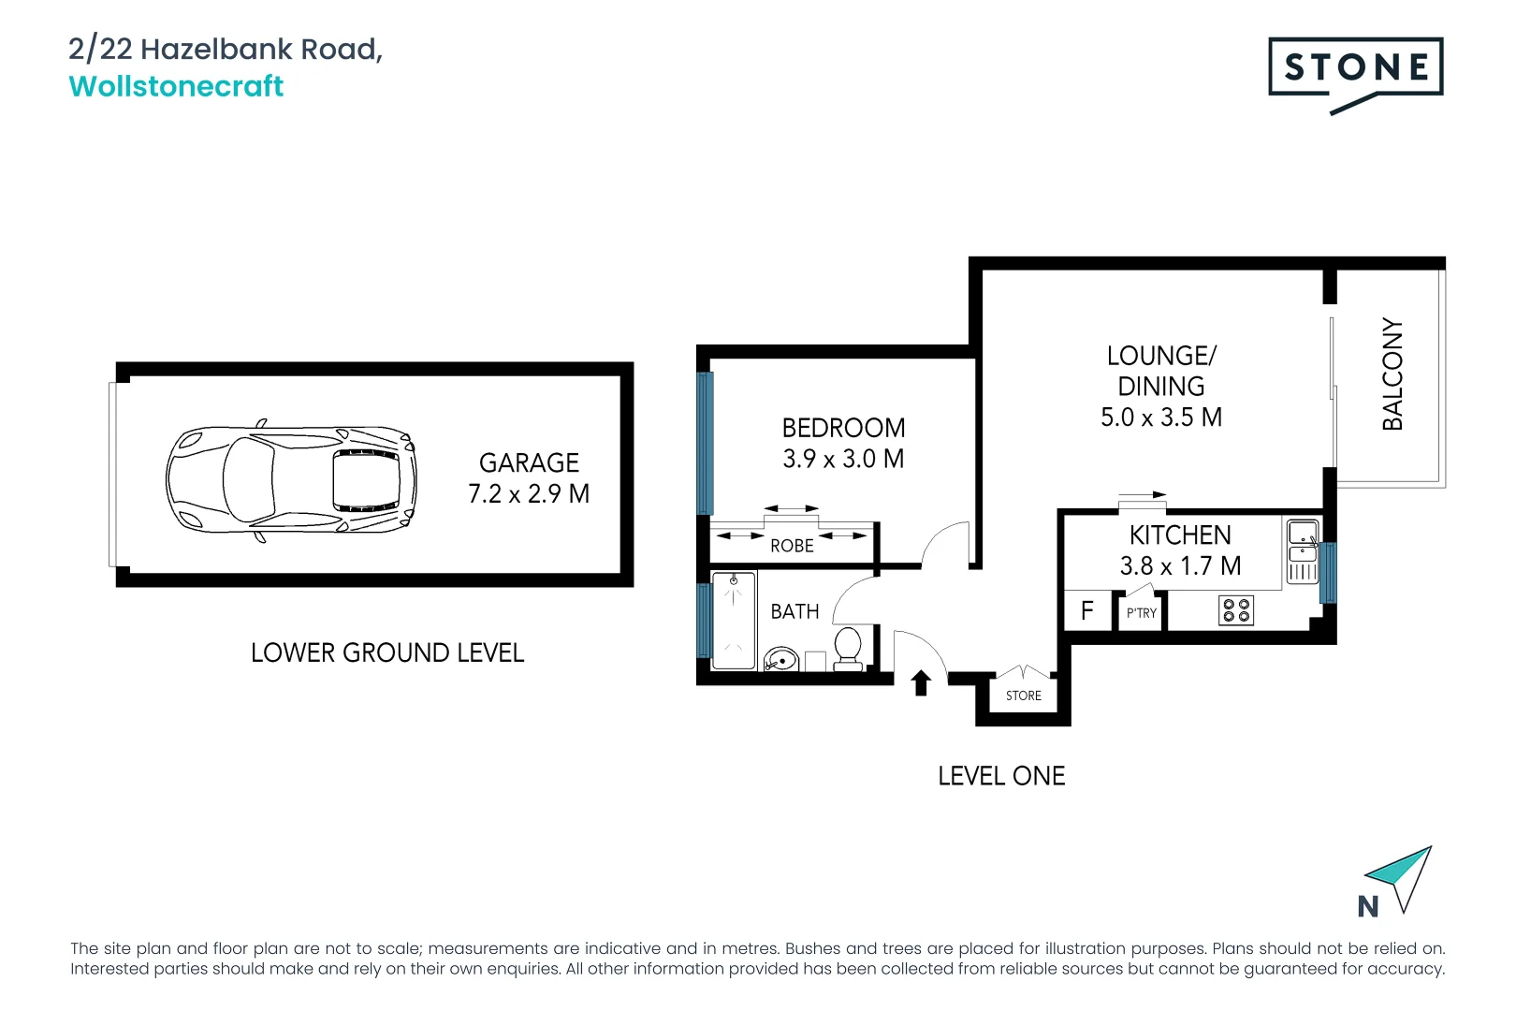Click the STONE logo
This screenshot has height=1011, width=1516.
coord(1356,75)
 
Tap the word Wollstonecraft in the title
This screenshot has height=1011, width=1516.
coord(176,87)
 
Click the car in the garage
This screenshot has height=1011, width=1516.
coord(291,479)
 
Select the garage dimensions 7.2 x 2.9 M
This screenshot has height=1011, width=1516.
coord(529,493)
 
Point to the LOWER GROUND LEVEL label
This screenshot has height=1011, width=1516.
coord(387,652)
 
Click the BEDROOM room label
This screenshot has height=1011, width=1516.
coord(843,428)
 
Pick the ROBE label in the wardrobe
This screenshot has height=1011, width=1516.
coord(792,546)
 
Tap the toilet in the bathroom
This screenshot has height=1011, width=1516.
coord(847,649)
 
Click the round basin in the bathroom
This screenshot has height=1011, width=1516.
coord(781,659)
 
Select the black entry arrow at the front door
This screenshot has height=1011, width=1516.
coord(920,682)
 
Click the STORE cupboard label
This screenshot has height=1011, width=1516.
coord(1024,696)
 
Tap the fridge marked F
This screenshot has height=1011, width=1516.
coord(1087,610)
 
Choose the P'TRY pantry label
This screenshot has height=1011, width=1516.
coord(1141,613)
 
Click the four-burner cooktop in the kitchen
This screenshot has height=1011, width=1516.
coord(1236,610)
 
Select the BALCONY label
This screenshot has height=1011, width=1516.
coord(1392,374)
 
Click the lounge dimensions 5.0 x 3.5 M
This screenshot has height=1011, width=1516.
coord(1161,418)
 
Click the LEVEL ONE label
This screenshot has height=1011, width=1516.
coord(1001,776)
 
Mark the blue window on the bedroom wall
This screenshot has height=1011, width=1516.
coord(705,444)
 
